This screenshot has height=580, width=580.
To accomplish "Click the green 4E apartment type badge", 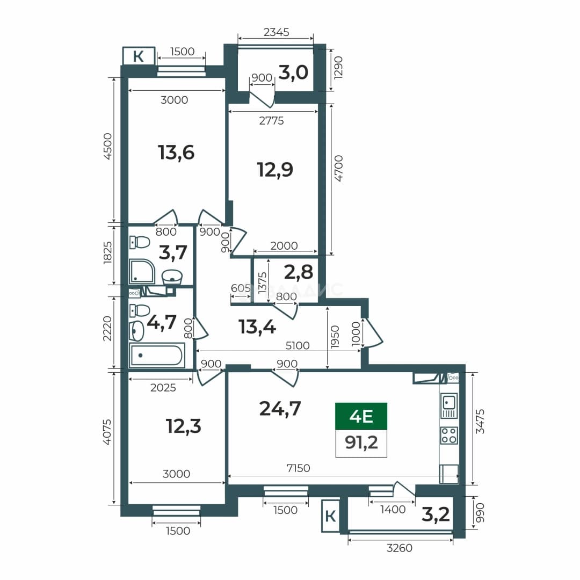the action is pos(361,416).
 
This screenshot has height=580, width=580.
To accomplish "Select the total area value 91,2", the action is pos(361,443).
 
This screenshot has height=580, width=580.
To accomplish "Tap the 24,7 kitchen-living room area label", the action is pos(280,409).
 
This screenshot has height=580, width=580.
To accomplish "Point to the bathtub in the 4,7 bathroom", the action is pos(157,356).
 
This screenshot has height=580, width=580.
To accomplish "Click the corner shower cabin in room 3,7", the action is pos(142,271).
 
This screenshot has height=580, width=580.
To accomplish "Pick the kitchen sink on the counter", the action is pos(449,406).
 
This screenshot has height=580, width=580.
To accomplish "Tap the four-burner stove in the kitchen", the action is pos(449,436).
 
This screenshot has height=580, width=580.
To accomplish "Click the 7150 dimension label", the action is pos(298,468).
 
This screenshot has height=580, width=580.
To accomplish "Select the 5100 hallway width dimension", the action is pos(298,345).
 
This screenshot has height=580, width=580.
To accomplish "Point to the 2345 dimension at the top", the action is pos(277,32).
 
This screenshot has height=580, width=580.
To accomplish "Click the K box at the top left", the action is pos(139,56).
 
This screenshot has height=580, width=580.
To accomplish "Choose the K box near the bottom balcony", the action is pos(330,516).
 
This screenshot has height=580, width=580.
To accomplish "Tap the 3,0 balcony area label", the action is pos(293,73).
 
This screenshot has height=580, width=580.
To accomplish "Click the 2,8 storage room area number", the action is pos(299,273).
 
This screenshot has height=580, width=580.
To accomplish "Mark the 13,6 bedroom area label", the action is pos(176,153).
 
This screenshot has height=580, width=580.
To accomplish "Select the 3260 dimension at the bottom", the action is pos(400,548).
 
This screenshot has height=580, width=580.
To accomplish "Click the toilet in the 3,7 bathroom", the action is pos(140,243).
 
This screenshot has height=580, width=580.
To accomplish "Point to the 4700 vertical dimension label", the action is pos(338,168).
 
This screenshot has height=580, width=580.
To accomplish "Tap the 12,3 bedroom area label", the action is pos(184,426).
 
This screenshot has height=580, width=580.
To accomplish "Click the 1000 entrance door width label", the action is pos(356,334).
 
